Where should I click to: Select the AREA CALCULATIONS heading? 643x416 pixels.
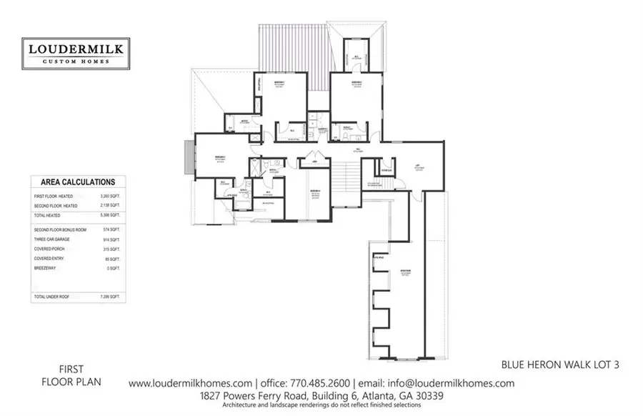point(78,182)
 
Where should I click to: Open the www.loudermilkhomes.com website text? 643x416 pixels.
point(190,383)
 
